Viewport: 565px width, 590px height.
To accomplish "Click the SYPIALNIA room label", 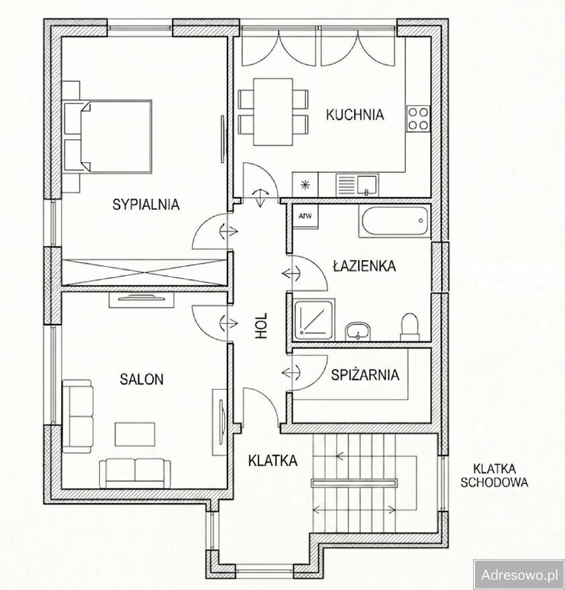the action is pos(146,204).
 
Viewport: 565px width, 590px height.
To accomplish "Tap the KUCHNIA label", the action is pos(355,115).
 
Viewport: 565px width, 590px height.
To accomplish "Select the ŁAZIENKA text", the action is pos(364,266).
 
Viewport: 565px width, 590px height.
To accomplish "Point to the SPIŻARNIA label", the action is pos(365,375).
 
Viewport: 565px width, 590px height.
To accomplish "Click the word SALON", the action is pos(142,379).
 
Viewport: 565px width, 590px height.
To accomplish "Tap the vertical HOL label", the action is pos(261,325).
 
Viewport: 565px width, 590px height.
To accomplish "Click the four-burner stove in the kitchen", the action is pos(418,119).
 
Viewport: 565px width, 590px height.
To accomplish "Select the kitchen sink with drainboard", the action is pos(357,185).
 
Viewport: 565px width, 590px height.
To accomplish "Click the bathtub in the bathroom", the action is pos(395,221).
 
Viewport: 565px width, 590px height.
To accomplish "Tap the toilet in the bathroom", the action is pos(410,327).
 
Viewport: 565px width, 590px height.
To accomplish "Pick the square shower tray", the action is pos(313,319).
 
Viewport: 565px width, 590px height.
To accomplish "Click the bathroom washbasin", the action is pos(358,331).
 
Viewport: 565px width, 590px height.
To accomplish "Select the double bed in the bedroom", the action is pos(108,136).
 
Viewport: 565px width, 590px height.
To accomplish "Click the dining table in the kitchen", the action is pos(273,112).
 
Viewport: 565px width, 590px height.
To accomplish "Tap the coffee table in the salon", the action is pos(135,434).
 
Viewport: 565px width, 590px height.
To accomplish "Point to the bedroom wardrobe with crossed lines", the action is pos(145,272).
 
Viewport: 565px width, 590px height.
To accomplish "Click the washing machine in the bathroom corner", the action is pos(305,217).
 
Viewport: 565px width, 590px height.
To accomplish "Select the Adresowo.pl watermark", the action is pos(519,575).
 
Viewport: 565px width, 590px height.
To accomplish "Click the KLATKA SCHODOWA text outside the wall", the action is pos(494,475).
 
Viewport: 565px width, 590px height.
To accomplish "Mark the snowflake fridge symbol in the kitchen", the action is pos(305,185).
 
